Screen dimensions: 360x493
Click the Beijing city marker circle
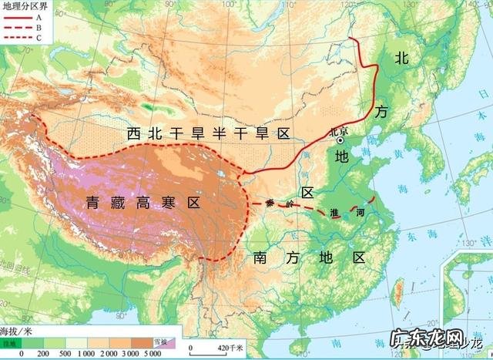[x=340, y=140]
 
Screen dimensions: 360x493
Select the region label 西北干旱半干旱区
[x=208, y=134]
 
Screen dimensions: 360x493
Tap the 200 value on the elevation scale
[x=42, y=352]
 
